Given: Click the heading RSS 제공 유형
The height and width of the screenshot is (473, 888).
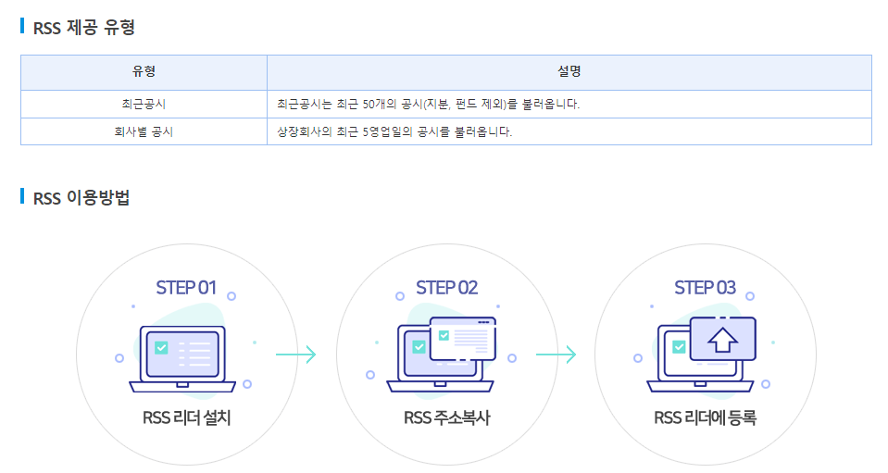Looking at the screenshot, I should coord(84,27).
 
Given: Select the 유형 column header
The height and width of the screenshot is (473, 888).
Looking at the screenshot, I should coord(144,72).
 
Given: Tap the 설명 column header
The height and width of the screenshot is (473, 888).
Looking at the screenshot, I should coord(569,72).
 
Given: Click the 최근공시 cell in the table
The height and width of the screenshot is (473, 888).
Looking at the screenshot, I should coord(144,104).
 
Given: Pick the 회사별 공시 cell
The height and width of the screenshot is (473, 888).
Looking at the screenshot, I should coord(144,131).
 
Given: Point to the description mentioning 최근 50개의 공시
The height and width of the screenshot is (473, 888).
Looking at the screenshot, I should coord(429,104).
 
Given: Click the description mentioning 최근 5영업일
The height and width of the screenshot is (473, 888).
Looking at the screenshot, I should coord(394,131).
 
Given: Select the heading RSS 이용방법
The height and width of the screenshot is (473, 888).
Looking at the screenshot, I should coord(81,197).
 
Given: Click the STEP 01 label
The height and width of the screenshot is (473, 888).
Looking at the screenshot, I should coord(186,287).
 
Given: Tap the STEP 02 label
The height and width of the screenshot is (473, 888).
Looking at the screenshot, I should coord(446,287).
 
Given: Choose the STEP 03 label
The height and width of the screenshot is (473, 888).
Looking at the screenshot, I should coord(705,287).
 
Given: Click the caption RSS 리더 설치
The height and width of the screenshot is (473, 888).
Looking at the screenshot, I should coord(186,417).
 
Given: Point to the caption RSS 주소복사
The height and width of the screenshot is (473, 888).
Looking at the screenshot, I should coord(446,417).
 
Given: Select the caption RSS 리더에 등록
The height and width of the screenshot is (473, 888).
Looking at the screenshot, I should coord(705,417).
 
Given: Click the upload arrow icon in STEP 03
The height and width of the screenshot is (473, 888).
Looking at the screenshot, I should coord(721,340).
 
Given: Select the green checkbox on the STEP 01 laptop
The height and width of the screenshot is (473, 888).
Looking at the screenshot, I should coord(162,348).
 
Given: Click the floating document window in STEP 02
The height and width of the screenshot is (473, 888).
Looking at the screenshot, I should coord(463,338).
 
